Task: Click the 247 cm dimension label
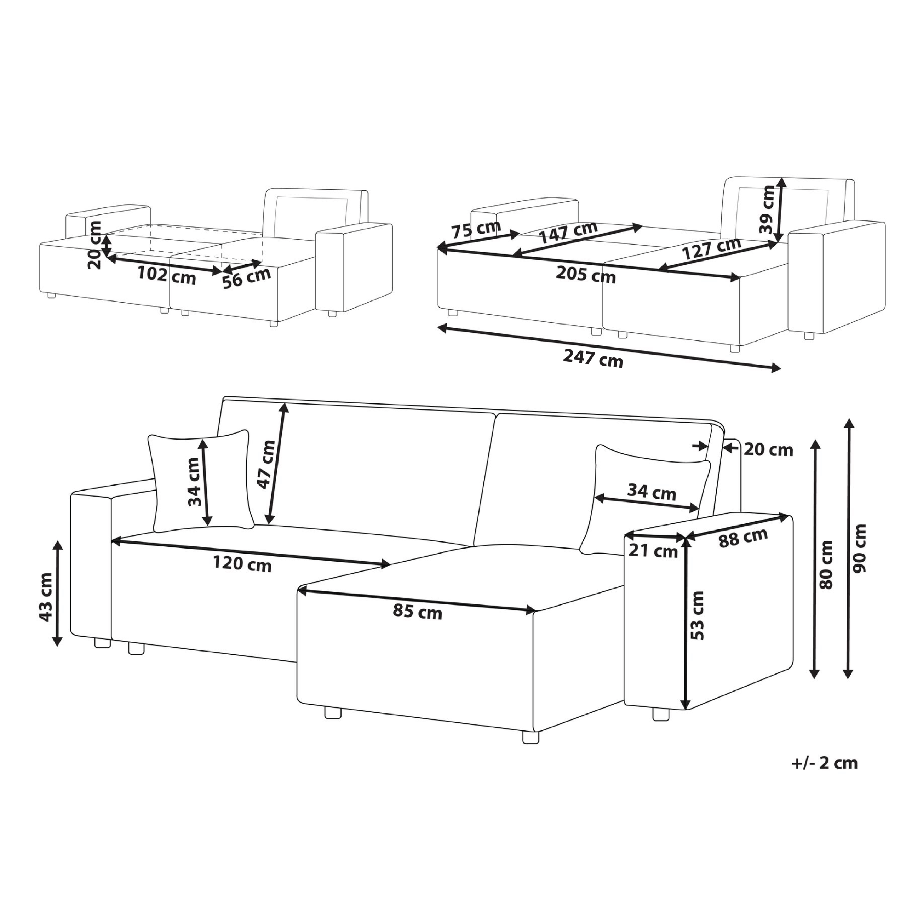pyautogui.click(x=593, y=360)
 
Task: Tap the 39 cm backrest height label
pyautogui.click(x=767, y=210)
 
